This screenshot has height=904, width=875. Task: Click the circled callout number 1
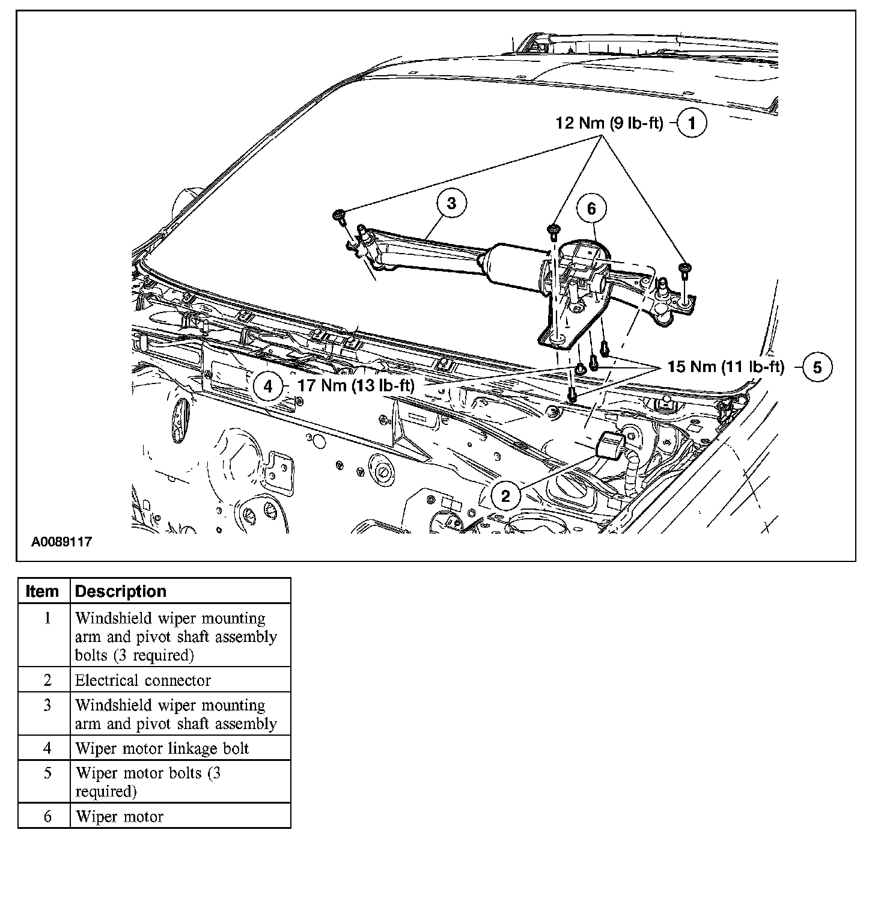tap(692, 123)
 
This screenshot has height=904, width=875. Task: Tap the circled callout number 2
tap(505, 496)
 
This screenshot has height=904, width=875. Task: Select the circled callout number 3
tap(451, 203)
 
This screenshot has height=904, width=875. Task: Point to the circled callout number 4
tap(268, 386)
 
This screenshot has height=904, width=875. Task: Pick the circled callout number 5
tap(817, 367)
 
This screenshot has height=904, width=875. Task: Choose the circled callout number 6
tap(591, 208)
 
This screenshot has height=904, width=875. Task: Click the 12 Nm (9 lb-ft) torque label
tap(609, 123)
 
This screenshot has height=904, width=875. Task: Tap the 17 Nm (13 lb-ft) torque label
tap(356, 386)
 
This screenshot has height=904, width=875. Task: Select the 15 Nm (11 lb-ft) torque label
tap(726, 367)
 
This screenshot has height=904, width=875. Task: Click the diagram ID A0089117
tap(61, 542)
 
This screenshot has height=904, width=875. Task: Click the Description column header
tap(121, 591)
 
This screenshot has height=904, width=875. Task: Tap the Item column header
tap(43, 591)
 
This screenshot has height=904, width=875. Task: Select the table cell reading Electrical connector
tap(143, 680)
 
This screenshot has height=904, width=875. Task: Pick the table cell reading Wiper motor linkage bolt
tap(162, 748)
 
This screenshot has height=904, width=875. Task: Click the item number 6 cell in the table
tap(47, 816)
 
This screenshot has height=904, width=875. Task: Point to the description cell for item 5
tap(148, 782)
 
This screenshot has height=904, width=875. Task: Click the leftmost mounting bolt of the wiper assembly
tap(340, 215)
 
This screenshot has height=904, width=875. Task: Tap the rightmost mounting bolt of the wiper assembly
tap(684, 268)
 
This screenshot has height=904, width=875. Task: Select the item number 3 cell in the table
tap(47, 705)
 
